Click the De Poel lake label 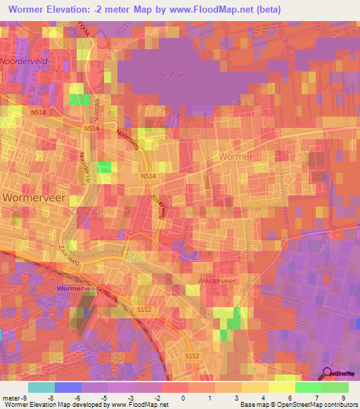169,74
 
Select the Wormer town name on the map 236,156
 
